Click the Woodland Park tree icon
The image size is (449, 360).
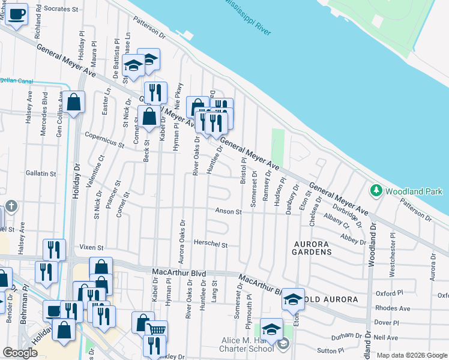(x=376, y=191)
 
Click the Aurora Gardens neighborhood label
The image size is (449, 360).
(x=312, y=248)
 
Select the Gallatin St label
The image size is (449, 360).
(x=41, y=173)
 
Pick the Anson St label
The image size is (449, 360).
(x=229, y=212)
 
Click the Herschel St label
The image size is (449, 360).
(x=211, y=245)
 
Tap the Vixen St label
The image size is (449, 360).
(x=92, y=247)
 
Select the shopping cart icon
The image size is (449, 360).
(x=156, y=329)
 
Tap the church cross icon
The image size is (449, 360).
(x=11, y=207)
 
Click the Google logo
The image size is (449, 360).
(x=20, y=353)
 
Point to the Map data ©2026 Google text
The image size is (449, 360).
(x=411, y=355)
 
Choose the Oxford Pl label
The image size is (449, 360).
(x=390, y=293)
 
